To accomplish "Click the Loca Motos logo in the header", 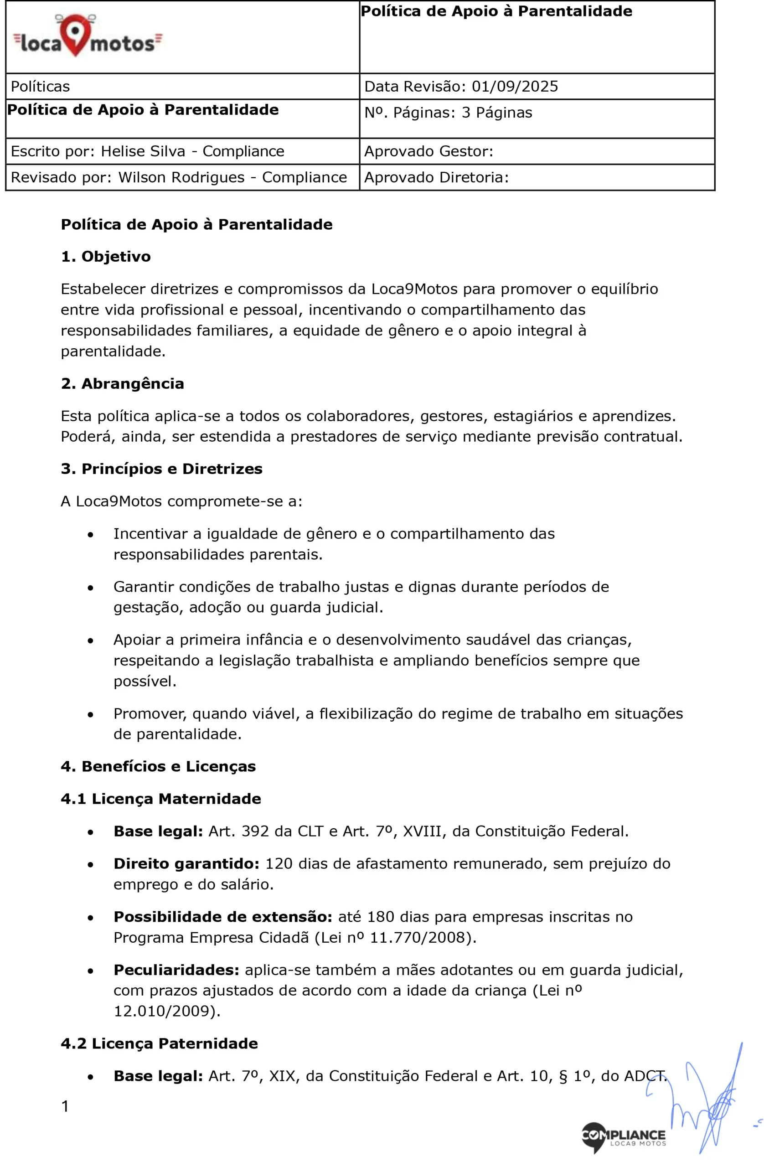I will click(x=87, y=36).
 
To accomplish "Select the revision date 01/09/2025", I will click(x=514, y=86).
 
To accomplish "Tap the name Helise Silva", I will click(x=143, y=151).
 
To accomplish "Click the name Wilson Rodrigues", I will click(x=181, y=177).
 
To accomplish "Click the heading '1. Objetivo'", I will click(x=105, y=257).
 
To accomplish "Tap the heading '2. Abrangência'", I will click(x=122, y=383).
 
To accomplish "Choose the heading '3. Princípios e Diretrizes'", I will click(x=161, y=469).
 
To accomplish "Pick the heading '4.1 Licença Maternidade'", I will click(x=160, y=799).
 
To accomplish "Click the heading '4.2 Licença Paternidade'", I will click(x=159, y=1043).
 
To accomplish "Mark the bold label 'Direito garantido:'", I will click(x=186, y=863).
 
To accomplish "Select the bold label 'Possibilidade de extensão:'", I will click(x=222, y=917).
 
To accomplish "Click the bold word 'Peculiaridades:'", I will click(x=176, y=970).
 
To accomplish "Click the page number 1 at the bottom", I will click(x=65, y=1106).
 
